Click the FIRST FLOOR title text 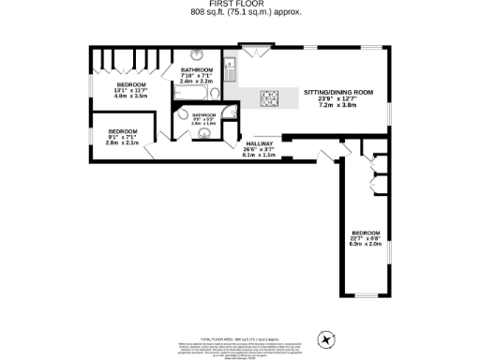(x=240, y=5)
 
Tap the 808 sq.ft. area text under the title (x=240, y=13)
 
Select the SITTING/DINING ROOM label (x=340, y=92)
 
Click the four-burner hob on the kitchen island (x=268, y=97)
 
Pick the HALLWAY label (x=260, y=143)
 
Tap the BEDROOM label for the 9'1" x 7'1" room (x=124, y=130)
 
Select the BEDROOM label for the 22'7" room (x=366, y=232)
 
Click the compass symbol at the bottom (x=327, y=337)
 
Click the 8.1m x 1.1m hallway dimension (x=260, y=155)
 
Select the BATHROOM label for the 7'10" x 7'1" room (x=198, y=70)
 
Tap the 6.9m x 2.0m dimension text (x=366, y=243)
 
